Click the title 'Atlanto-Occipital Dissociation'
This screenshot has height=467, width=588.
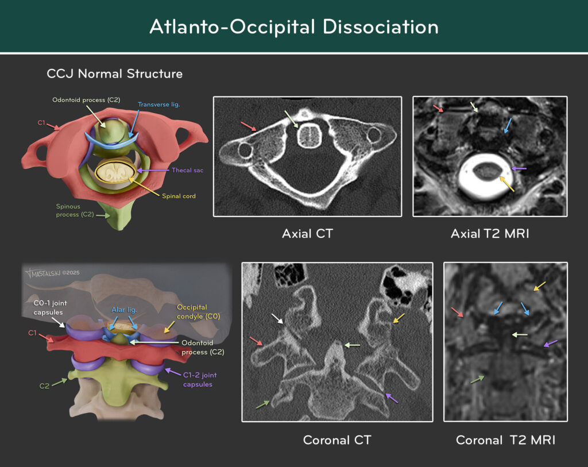pyautogui.click(x=294, y=26)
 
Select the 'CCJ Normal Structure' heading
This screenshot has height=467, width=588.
pyautogui.click(x=114, y=74)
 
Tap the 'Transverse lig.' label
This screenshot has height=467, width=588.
pyautogui.click(x=159, y=105)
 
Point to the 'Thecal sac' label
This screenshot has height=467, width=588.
pyautogui.click(x=188, y=170)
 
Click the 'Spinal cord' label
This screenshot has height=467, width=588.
pyautogui.click(x=179, y=196)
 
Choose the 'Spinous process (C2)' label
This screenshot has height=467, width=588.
pyautogui.click(x=75, y=210)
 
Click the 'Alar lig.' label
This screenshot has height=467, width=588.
pyautogui.click(x=124, y=310)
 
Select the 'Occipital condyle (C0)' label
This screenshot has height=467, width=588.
pyautogui.click(x=198, y=312)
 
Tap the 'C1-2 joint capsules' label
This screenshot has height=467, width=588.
pyautogui.click(x=199, y=380)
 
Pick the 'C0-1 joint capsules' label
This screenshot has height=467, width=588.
pyautogui.click(x=50, y=307)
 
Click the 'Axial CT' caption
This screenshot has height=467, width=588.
pyautogui.click(x=307, y=234)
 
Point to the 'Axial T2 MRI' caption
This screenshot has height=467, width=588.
pyautogui.click(x=490, y=234)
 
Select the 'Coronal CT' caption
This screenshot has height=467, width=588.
pyautogui.click(x=337, y=440)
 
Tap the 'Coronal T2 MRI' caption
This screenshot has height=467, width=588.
pyautogui.click(x=505, y=440)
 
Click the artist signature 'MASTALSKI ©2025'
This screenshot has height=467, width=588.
pyautogui.click(x=52, y=273)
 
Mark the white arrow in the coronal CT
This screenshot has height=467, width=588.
pyautogui.click(x=277, y=319)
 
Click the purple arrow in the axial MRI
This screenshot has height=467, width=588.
pyautogui.click(x=519, y=168)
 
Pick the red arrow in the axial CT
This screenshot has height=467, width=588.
pyautogui.click(x=248, y=126)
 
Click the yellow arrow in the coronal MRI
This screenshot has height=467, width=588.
pyautogui.click(x=540, y=286)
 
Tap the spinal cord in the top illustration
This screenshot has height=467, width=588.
pyautogui.click(x=115, y=173)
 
